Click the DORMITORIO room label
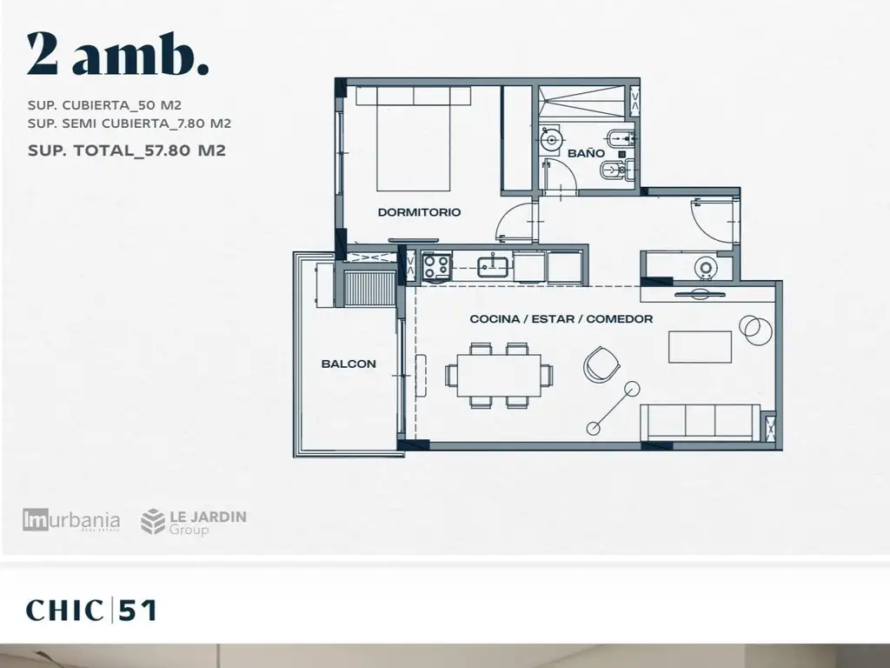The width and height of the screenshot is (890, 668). point(419,212)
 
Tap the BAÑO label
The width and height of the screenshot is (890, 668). point(586,153)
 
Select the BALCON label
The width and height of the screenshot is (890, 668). point(349,364)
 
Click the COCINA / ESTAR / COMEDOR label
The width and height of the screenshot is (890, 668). point(561,318)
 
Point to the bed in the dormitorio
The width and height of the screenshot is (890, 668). point(413,138)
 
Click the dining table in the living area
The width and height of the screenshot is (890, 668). point(499,375)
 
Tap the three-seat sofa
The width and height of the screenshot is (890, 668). point(701,422)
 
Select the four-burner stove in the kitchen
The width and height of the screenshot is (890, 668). point(436,266)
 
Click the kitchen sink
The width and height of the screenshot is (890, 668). point(495,265)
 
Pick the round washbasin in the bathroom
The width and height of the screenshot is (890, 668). point(550,138)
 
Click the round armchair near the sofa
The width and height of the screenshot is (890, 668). point(601,364)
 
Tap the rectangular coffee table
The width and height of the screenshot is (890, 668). point(700,346)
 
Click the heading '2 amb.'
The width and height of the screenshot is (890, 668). point(117,54)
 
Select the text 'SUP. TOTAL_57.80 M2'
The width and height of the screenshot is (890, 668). point(127,150)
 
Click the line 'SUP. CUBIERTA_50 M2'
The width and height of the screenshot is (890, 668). point(104,105)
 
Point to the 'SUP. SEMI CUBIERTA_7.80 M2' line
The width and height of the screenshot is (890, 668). point(130,124)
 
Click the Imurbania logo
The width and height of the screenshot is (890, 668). point(71,520)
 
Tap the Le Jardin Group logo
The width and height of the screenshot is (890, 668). point(194,522)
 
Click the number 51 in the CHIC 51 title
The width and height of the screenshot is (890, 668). point(137,611)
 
